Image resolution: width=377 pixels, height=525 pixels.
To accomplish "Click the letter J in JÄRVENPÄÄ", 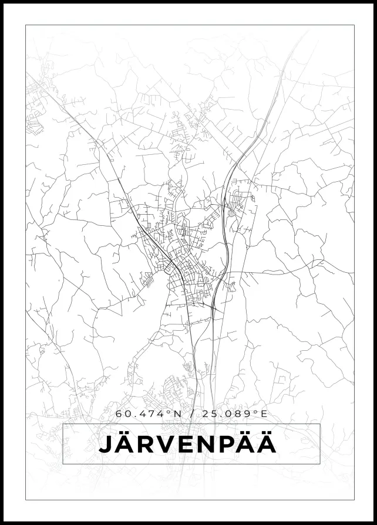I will [x=105, y=445].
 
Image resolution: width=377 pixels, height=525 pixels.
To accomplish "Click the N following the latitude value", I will [x=176, y=414].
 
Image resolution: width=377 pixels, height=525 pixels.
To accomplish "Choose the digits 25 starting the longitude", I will [x=208, y=414].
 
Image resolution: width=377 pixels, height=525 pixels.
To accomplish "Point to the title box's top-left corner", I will [x=63, y=424].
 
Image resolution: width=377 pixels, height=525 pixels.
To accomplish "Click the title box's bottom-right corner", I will [x=320, y=464].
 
